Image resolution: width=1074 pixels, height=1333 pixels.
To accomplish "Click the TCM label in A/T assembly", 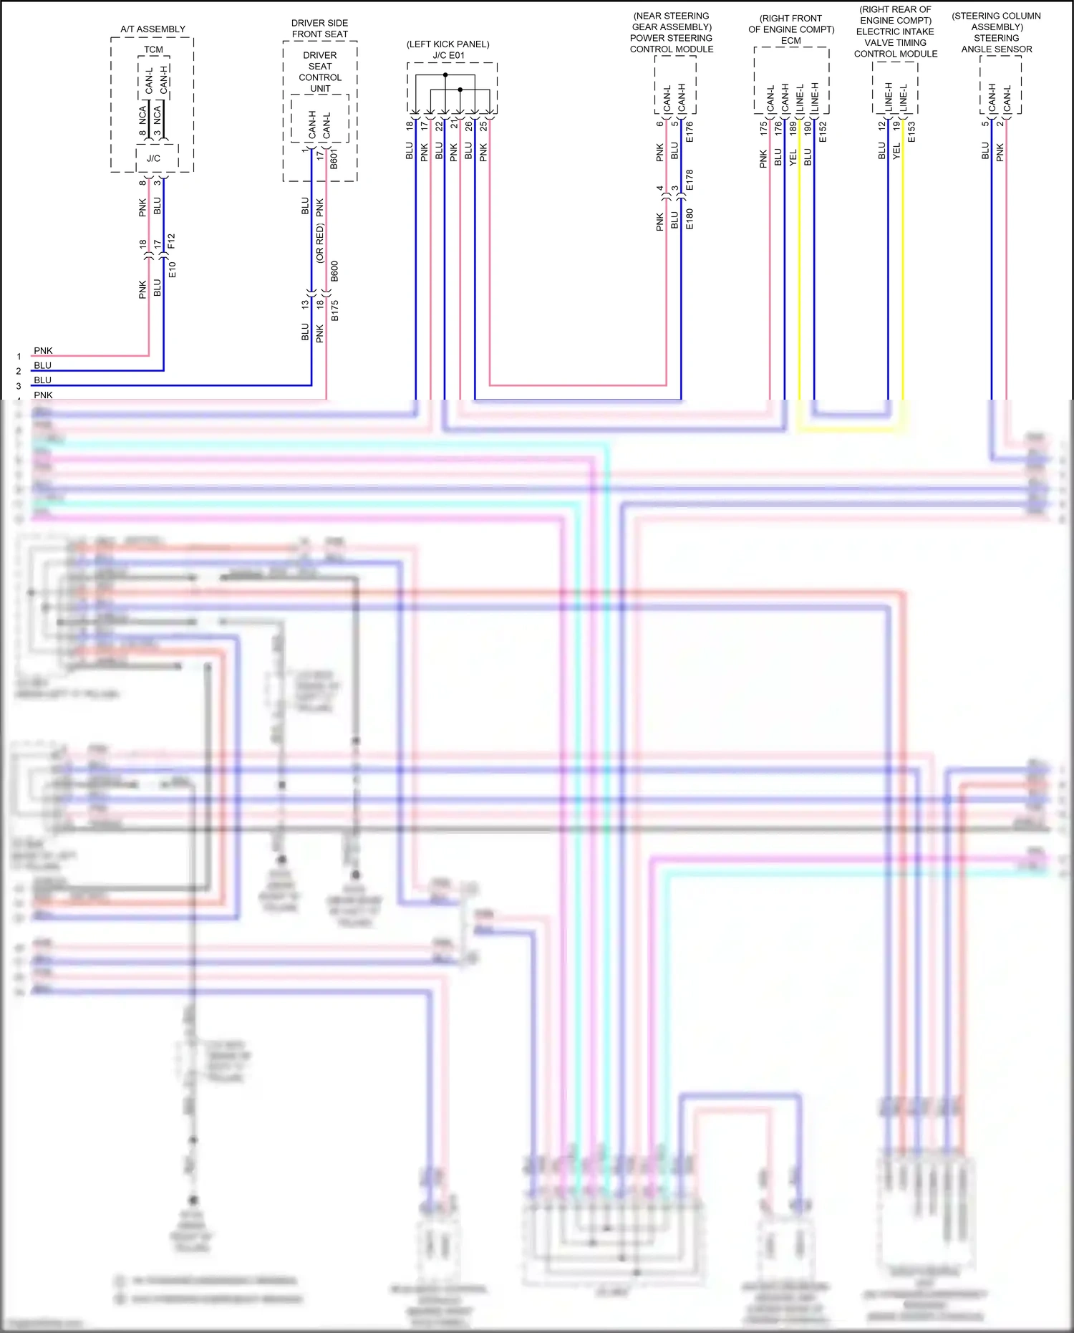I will point(153,49).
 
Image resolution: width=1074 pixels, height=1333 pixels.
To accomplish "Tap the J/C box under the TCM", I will point(154,158).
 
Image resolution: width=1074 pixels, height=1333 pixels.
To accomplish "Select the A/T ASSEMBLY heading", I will point(153,29).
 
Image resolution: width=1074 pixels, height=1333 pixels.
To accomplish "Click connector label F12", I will point(171,241).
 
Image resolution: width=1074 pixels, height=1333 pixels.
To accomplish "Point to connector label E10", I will point(172,270).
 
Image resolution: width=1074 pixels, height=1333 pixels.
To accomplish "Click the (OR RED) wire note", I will point(320,244).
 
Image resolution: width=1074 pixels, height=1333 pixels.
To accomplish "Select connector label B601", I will point(334,159).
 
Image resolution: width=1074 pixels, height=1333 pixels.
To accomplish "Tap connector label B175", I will point(334,310).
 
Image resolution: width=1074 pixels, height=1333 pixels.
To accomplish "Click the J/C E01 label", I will point(448,55).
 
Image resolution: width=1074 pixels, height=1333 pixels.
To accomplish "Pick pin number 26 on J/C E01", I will point(468,125).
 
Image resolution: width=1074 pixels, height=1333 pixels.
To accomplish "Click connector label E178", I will point(690,180).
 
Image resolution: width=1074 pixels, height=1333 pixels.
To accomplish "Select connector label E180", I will point(690,218).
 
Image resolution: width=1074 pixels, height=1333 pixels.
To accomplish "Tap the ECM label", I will point(790,41).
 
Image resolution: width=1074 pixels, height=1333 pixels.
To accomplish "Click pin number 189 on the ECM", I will point(793,127).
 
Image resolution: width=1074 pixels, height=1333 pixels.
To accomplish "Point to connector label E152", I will point(823,132).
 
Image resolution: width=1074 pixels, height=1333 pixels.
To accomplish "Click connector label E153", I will point(911,132).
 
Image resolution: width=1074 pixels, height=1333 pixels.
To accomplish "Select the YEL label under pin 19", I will point(896,151).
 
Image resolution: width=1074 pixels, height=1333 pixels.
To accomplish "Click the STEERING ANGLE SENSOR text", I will point(996,44).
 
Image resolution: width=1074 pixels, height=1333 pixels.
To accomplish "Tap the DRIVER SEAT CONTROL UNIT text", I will point(320,72).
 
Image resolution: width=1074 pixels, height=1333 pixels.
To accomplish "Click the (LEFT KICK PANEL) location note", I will point(448,44).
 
